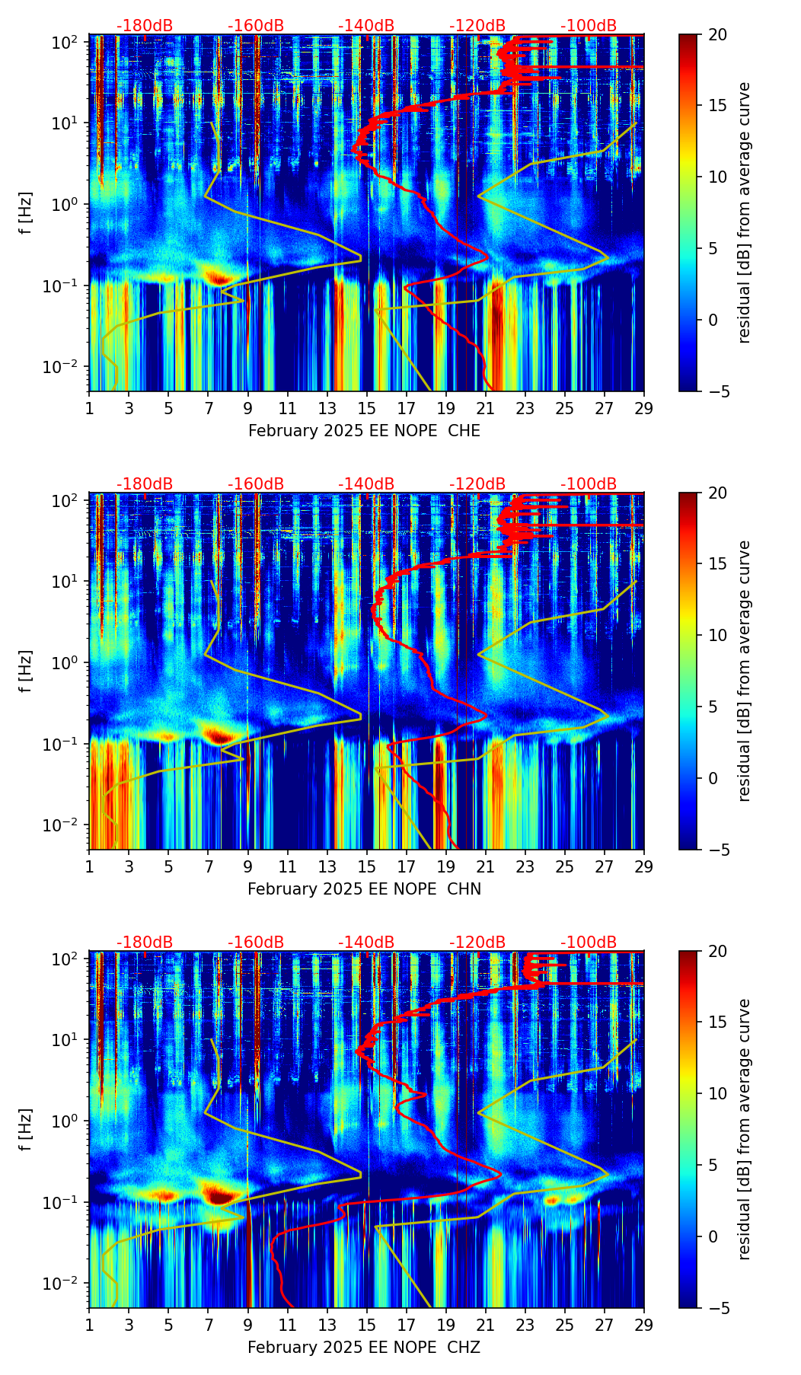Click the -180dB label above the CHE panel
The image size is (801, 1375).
point(145,26)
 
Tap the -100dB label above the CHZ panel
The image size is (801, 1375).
point(589,943)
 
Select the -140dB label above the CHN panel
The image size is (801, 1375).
point(366,484)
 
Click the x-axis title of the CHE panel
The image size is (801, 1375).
point(364,431)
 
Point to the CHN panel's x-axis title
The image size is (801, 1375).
point(364,889)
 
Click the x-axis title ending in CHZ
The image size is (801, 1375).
point(364,1348)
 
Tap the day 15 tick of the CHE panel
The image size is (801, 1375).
point(367,408)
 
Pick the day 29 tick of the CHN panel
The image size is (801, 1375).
point(644,866)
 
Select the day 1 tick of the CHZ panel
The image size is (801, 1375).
point(90,1325)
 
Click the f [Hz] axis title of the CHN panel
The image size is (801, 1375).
point(26,671)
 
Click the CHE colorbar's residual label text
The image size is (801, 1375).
point(744,212)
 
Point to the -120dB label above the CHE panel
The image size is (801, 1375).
point(477,26)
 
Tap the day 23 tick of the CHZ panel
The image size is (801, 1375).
point(525,1325)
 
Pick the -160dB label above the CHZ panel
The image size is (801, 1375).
point(256,943)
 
